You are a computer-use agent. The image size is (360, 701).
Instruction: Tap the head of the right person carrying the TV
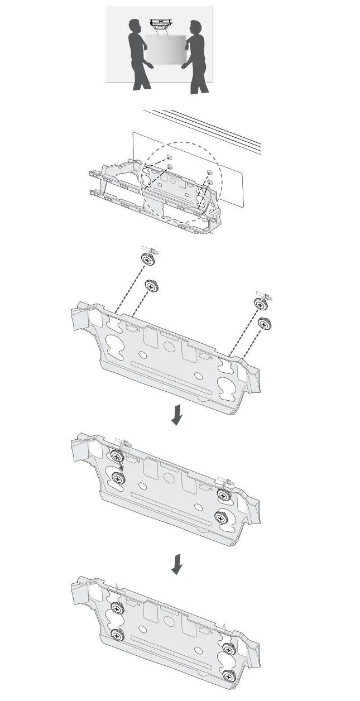coord(194,27)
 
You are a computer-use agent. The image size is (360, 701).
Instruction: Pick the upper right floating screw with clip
coord(261,303)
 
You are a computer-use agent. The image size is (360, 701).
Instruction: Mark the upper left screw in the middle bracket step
coord(117,457)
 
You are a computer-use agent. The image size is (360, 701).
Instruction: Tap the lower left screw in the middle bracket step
coord(118,478)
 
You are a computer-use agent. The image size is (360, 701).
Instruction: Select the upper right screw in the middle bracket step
coord(225,495)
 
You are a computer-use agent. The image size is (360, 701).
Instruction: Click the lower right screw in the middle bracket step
coord(222,518)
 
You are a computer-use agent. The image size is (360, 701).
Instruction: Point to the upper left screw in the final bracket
coord(117,608)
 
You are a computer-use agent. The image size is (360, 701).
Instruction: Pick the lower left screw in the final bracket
coord(117,634)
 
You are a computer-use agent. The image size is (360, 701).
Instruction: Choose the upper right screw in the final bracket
coord(228,649)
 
